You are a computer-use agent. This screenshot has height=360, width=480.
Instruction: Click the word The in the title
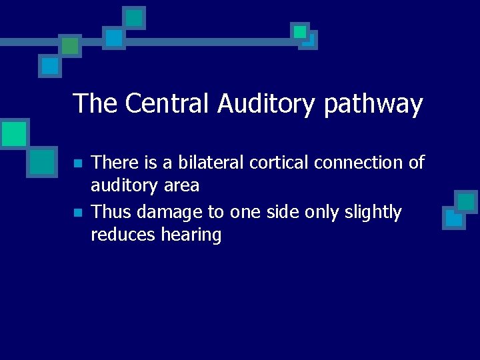(x=95, y=104)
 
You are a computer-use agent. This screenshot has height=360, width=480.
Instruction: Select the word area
(x=179, y=185)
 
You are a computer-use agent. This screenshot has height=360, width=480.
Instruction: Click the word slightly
(x=369, y=213)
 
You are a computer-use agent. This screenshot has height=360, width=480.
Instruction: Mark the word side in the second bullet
(x=281, y=212)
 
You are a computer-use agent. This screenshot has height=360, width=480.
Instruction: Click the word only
(x=319, y=213)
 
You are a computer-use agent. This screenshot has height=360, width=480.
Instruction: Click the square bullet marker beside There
(x=77, y=163)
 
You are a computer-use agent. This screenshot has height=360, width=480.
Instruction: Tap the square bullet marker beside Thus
(x=77, y=213)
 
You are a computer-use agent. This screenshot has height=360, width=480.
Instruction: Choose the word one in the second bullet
(x=245, y=213)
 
